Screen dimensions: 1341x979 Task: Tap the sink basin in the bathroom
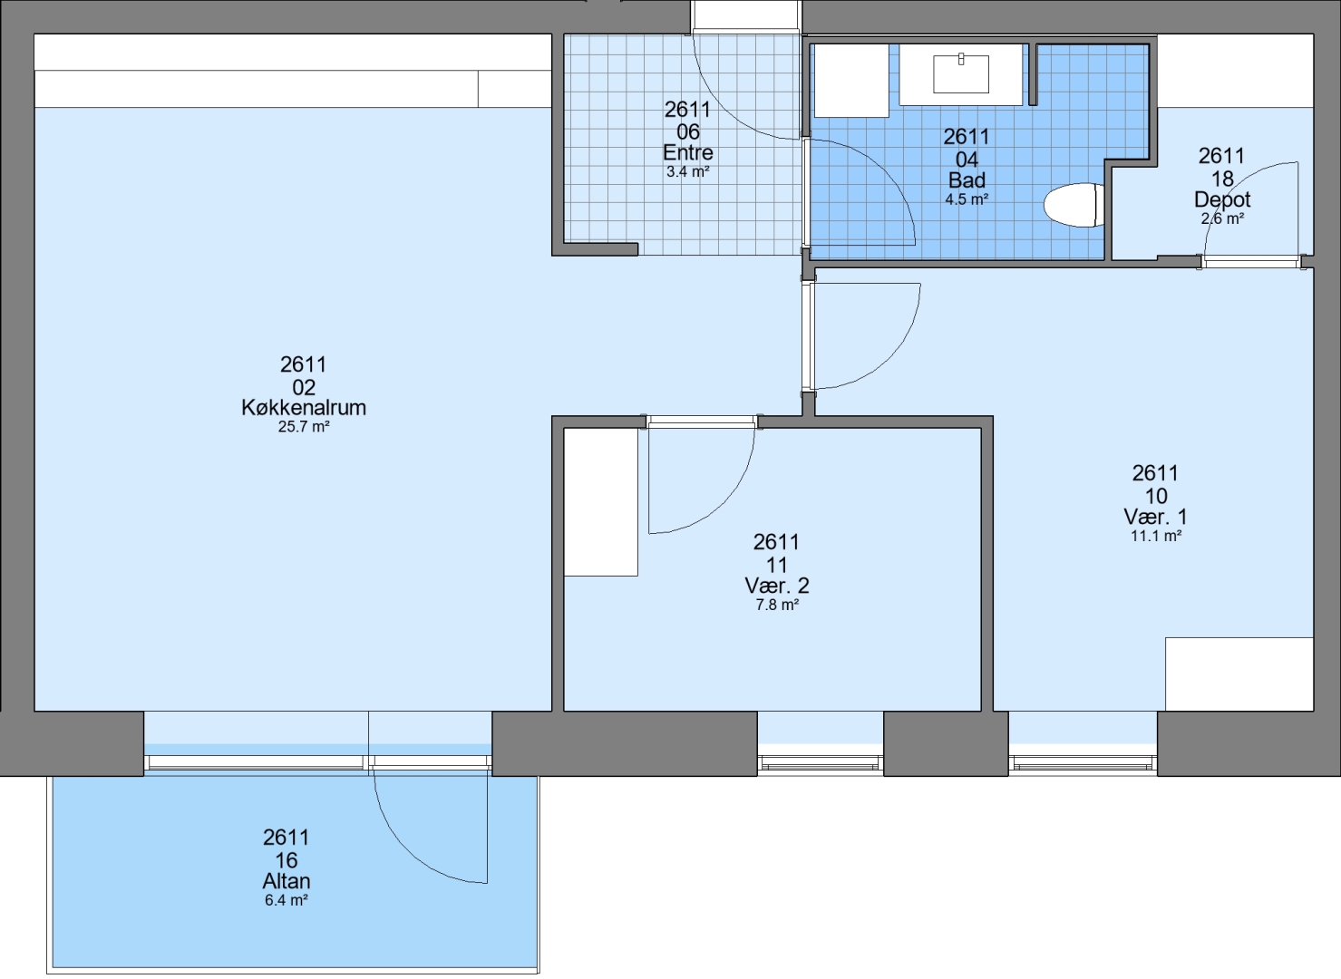pos(961,73)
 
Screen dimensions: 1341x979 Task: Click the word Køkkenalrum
pos(304,408)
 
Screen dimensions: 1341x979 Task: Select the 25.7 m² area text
pos(304,427)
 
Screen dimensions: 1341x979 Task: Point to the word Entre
pos(688,152)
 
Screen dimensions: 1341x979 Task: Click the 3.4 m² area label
pos(688,171)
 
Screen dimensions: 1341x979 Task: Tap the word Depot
pos(1222,199)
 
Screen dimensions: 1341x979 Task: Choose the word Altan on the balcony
pos(287,881)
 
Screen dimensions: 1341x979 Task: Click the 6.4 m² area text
pos(287,900)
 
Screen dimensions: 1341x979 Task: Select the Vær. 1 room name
pos(1155,517)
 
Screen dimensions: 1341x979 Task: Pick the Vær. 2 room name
pos(776,586)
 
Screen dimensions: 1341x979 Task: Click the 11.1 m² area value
pos(1155,536)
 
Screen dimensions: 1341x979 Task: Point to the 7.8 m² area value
pos(776,605)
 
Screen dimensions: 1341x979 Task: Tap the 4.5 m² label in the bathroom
pos(967,199)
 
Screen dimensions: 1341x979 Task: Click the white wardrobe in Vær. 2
pos(601,502)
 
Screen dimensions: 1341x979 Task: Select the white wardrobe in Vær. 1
pos(1239,674)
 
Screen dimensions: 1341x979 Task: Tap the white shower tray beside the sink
pos(851,80)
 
